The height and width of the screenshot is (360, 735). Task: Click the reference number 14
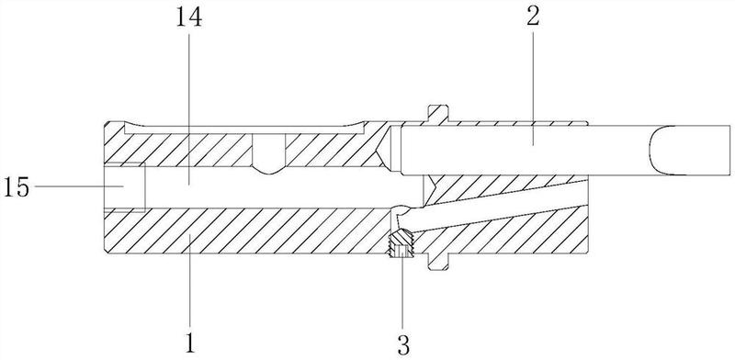tap(189, 17)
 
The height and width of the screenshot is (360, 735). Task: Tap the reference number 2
tap(533, 17)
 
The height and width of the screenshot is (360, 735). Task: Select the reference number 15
tap(16, 188)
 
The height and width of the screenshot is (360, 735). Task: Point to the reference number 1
tap(190, 343)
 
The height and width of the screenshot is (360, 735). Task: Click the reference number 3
tap(403, 345)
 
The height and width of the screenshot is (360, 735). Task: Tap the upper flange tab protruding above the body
tap(438, 114)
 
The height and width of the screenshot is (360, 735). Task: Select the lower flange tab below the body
tap(438, 262)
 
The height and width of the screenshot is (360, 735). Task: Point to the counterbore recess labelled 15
tap(125, 186)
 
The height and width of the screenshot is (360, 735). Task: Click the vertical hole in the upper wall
tap(268, 153)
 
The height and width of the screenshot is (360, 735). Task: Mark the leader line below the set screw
tap(402, 287)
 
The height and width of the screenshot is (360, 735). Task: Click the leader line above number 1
tap(189, 281)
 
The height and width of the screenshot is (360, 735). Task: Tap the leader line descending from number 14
tap(189, 107)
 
